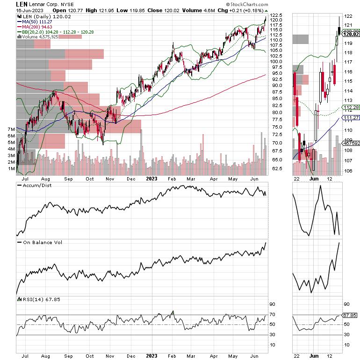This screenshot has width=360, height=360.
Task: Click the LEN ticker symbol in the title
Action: pos(8,4)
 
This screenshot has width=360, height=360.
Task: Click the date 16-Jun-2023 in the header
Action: pos(16,10)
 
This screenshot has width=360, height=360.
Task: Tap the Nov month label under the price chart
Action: pos(110,178)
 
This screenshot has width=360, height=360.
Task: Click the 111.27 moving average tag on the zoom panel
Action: pos(350,117)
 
